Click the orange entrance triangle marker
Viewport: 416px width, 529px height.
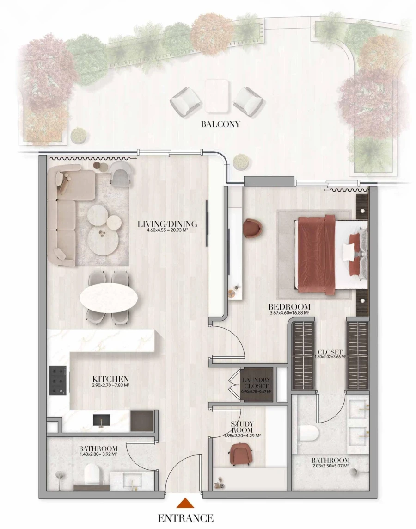[x=184, y=503]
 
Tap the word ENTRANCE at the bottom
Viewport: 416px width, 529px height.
[x=186, y=518]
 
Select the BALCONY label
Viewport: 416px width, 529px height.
[x=220, y=124]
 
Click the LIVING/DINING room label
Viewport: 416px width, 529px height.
[x=167, y=224]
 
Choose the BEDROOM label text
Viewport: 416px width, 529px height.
[x=289, y=307]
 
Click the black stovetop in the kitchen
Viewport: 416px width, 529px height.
[x=58, y=380]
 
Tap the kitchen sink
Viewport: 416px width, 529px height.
[x=101, y=420]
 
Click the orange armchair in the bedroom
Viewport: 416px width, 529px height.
[x=252, y=228]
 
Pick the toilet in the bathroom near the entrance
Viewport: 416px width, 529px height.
[x=92, y=474]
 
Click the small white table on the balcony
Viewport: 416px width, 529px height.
[x=217, y=96]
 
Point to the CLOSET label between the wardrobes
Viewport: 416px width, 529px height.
[x=330, y=352]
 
